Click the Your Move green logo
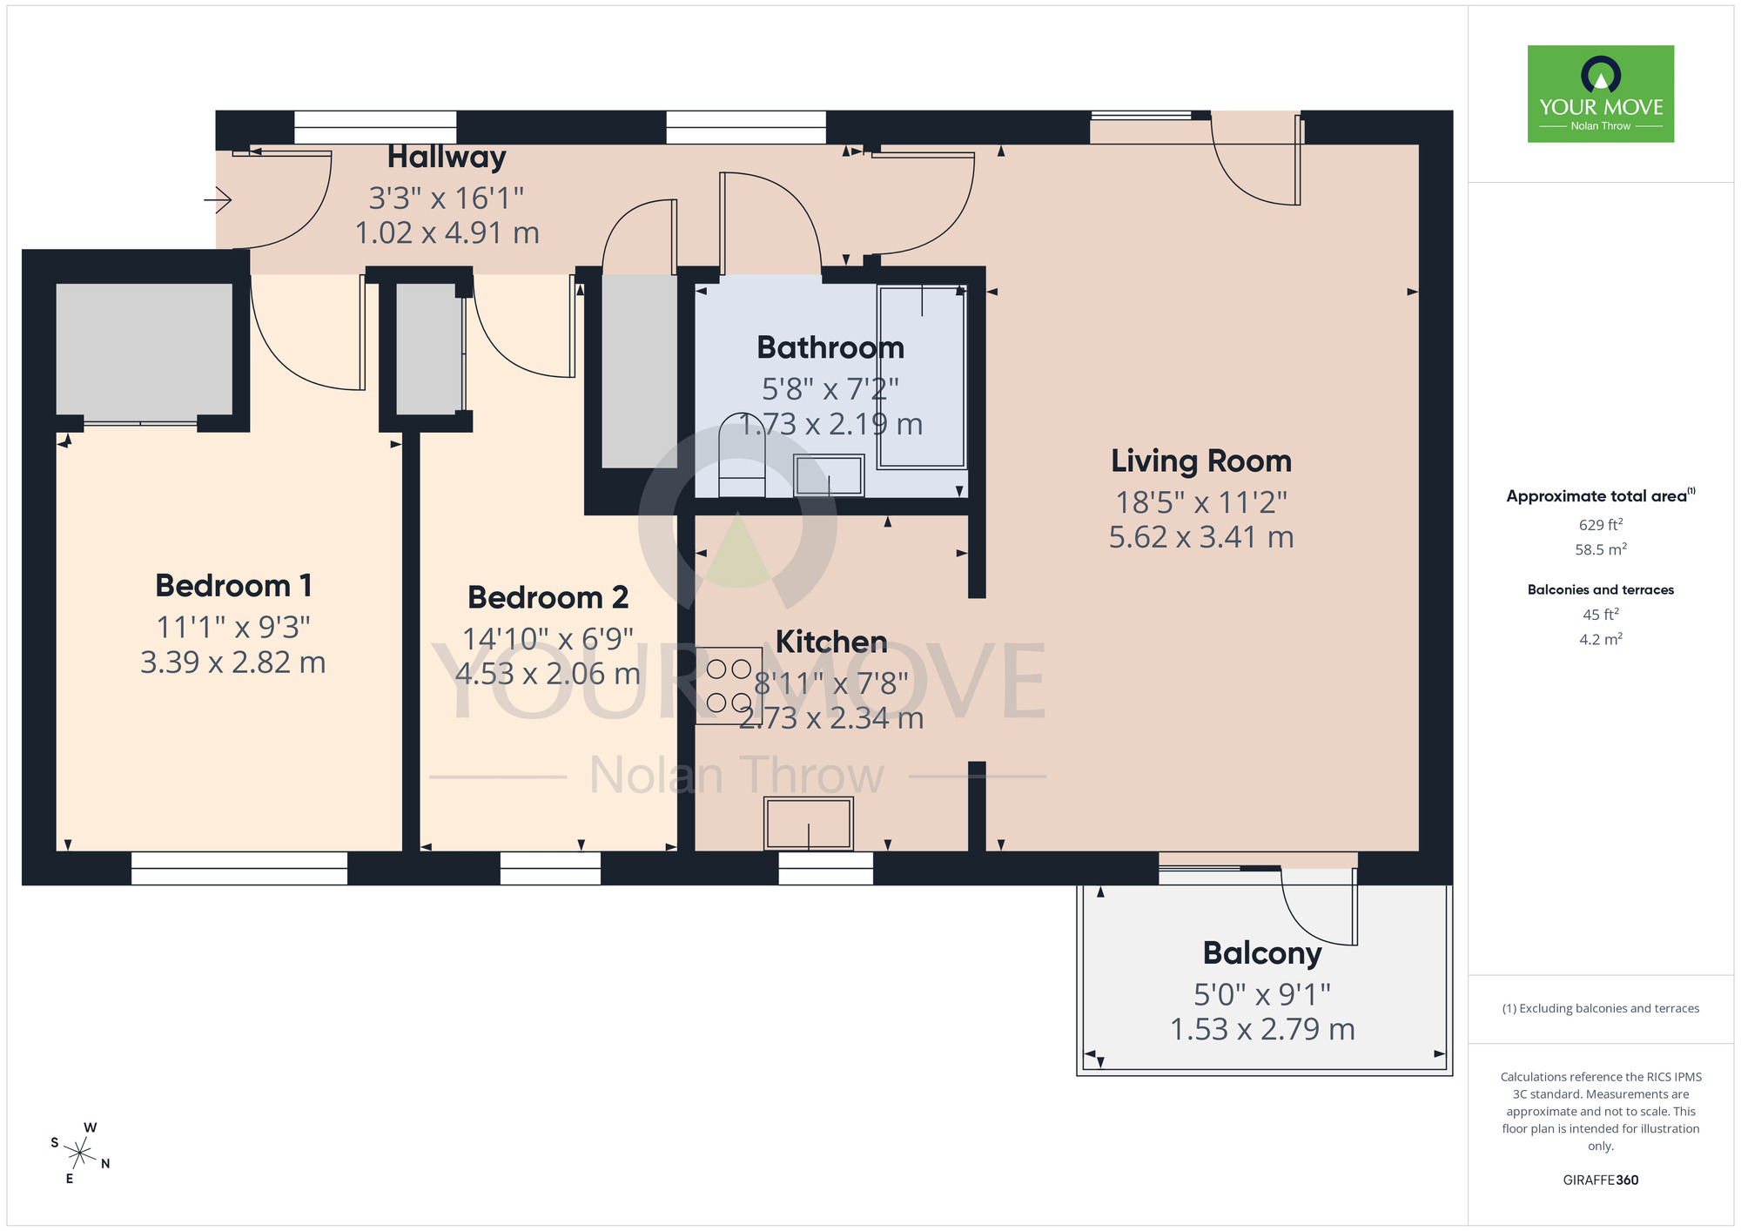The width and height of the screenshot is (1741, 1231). pos(1600,94)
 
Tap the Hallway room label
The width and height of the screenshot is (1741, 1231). pos(447,158)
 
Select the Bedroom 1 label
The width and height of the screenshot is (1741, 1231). pos(233,586)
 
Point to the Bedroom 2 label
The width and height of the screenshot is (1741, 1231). pos(548,598)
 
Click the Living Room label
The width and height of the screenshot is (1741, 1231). pos(1200,461)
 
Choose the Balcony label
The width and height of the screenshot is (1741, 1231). pos(1261,953)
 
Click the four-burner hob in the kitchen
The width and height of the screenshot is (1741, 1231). pos(729,685)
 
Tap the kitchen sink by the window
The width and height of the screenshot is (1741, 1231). pos(808,824)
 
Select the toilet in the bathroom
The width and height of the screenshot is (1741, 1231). pos(741,455)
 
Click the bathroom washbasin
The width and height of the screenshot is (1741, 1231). pos(829,475)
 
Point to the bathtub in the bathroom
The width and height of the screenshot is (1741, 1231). pos(922,376)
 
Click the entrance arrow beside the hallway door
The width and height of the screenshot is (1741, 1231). pos(218,201)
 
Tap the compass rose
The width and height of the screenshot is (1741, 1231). pos(80,1154)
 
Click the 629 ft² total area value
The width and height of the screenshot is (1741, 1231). pos(1600,525)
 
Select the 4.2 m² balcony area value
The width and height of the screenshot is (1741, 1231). pos(1600,640)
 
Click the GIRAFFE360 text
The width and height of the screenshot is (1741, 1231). pos(1600,1181)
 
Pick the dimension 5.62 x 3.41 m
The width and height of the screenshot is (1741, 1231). pos(1200,538)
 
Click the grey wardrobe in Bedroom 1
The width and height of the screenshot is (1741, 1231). pos(144,350)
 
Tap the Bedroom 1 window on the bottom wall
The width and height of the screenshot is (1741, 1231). pos(239,868)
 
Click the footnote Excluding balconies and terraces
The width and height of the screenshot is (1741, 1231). pos(1600,1009)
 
